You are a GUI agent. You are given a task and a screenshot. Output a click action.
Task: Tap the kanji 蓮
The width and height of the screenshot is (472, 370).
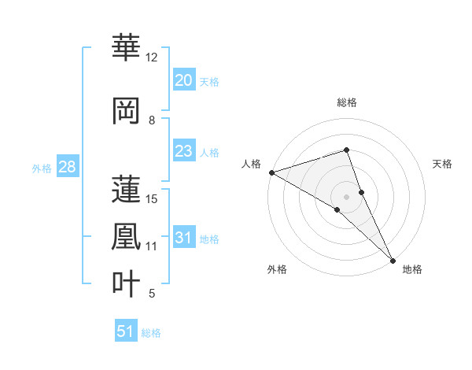[126, 190]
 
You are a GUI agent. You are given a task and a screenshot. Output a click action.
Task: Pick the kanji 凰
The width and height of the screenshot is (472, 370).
[126, 237]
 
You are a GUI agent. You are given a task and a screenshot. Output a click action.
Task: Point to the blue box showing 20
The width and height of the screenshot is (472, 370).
[183, 80]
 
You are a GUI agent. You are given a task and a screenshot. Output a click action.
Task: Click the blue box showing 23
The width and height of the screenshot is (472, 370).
[183, 151]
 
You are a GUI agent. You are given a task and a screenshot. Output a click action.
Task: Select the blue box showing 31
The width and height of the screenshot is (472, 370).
[183, 238]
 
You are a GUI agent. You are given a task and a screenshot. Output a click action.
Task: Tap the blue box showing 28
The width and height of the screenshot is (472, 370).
[67, 167]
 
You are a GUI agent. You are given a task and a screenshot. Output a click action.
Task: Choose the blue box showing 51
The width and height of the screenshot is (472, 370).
[126, 331]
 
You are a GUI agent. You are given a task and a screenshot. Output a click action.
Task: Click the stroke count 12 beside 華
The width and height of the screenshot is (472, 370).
[152, 57]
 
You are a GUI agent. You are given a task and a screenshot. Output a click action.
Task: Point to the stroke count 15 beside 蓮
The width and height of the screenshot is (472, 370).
[152, 199]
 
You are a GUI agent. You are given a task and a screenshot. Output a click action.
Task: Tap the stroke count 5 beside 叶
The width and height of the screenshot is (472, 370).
[152, 294]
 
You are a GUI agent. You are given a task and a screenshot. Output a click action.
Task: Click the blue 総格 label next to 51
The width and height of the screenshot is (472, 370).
[151, 333]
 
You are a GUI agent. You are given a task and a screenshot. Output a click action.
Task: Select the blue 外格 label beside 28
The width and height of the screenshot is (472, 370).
[42, 168]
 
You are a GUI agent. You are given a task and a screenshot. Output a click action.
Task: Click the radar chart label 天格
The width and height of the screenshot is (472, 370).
[442, 164]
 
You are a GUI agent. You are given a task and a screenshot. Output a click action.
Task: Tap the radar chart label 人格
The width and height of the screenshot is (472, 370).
[251, 164]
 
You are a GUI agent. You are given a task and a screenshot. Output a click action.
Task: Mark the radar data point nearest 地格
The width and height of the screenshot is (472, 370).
[393, 259]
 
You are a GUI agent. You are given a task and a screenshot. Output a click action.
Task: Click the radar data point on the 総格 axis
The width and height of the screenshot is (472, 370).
[346, 150]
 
